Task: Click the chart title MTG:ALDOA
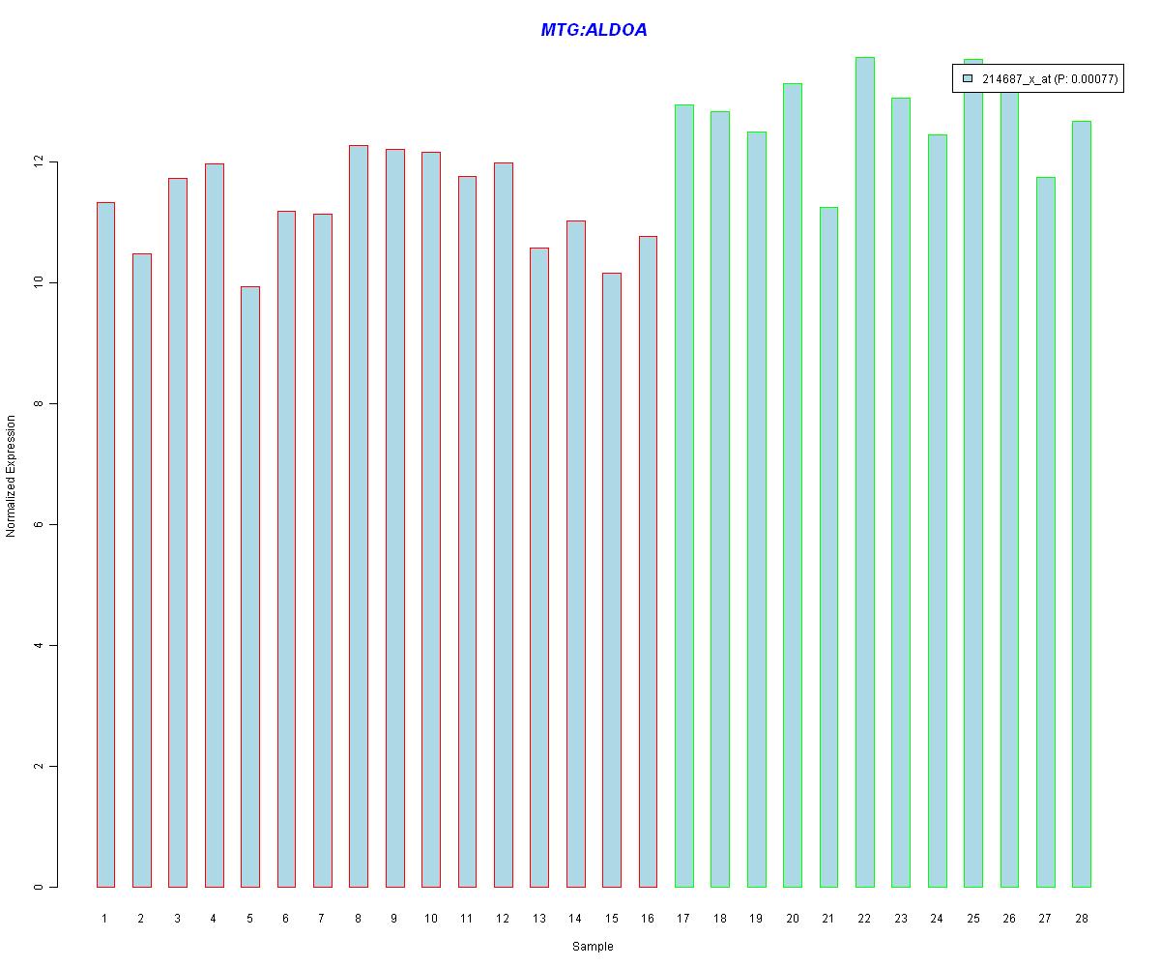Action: [594, 31]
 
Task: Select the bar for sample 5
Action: [249, 586]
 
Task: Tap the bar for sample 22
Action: [864, 472]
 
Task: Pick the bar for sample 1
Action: [105, 544]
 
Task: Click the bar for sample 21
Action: [828, 546]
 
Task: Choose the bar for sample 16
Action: [648, 561]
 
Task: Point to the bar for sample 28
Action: [1081, 504]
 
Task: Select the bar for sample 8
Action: [359, 515]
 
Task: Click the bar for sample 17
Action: [683, 495]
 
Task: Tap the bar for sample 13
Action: [539, 567]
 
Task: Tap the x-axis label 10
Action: [430, 919]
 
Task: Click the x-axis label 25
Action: [972, 919]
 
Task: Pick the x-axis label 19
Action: [756, 919]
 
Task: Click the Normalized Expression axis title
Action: [11, 476]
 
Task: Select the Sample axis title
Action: [593, 947]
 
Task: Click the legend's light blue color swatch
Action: [968, 79]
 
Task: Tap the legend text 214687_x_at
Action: [1017, 80]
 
